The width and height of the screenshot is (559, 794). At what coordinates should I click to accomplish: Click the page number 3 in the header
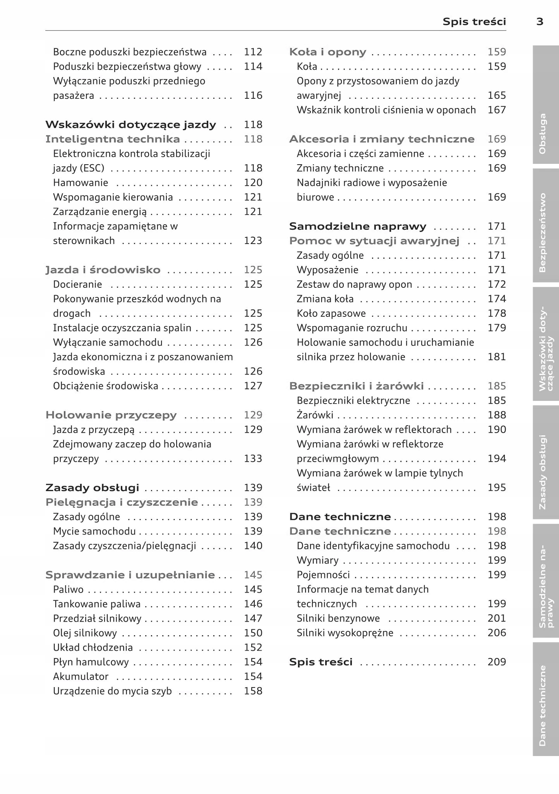point(540,22)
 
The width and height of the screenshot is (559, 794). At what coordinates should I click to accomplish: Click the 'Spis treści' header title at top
point(474,22)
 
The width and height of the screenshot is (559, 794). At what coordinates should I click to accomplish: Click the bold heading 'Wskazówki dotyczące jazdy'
point(130,125)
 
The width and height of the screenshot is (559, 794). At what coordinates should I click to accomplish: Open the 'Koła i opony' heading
point(328,52)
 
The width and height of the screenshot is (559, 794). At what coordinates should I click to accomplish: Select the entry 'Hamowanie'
point(81,183)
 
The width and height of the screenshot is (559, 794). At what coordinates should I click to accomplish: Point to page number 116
point(253,96)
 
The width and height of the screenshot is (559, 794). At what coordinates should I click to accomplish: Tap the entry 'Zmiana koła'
point(325,299)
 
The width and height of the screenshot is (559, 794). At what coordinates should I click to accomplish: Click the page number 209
point(497,662)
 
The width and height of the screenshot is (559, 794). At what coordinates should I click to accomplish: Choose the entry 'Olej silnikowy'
point(85,633)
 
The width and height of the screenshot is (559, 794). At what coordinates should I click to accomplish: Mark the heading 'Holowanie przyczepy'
point(111,415)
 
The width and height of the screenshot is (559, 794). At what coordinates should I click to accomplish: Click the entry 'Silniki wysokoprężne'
point(345,633)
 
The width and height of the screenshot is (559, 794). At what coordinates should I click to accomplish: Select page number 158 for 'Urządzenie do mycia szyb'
point(253,691)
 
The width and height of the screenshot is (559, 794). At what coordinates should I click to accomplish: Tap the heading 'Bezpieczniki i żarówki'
point(356,386)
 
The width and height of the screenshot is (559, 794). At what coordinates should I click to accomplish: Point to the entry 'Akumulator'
point(81,677)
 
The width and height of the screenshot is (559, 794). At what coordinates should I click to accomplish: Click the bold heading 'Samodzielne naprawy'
point(358,226)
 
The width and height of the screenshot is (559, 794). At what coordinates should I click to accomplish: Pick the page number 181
point(497,357)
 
